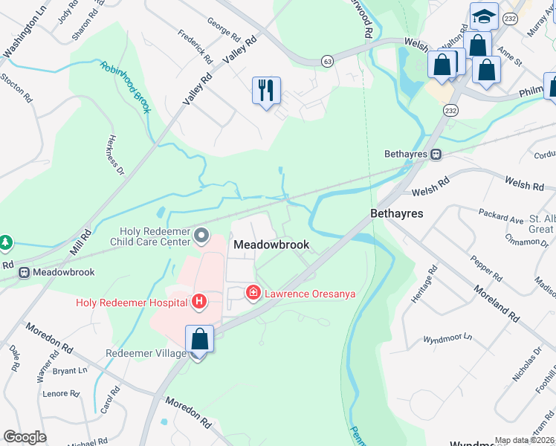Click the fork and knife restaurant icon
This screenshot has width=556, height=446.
pyautogui.click(x=266, y=91)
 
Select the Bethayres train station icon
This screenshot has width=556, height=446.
pyautogui.click(x=436, y=155)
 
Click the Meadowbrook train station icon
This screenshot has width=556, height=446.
pyautogui.click(x=25, y=272)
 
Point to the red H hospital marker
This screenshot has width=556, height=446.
pyautogui.click(x=198, y=302)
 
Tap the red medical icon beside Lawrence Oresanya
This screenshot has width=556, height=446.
pyautogui.click(x=253, y=294)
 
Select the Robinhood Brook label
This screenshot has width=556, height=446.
pyautogui.click(x=126, y=87)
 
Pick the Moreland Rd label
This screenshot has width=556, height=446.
pyautogui.click(x=497, y=298)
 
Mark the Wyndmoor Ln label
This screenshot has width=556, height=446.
pyautogui.click(x=447, y=337)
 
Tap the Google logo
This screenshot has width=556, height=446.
pyautogui.click(x=25, y=437)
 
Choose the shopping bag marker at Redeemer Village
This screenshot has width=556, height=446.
pyautogui.click(x=200, y=340)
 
